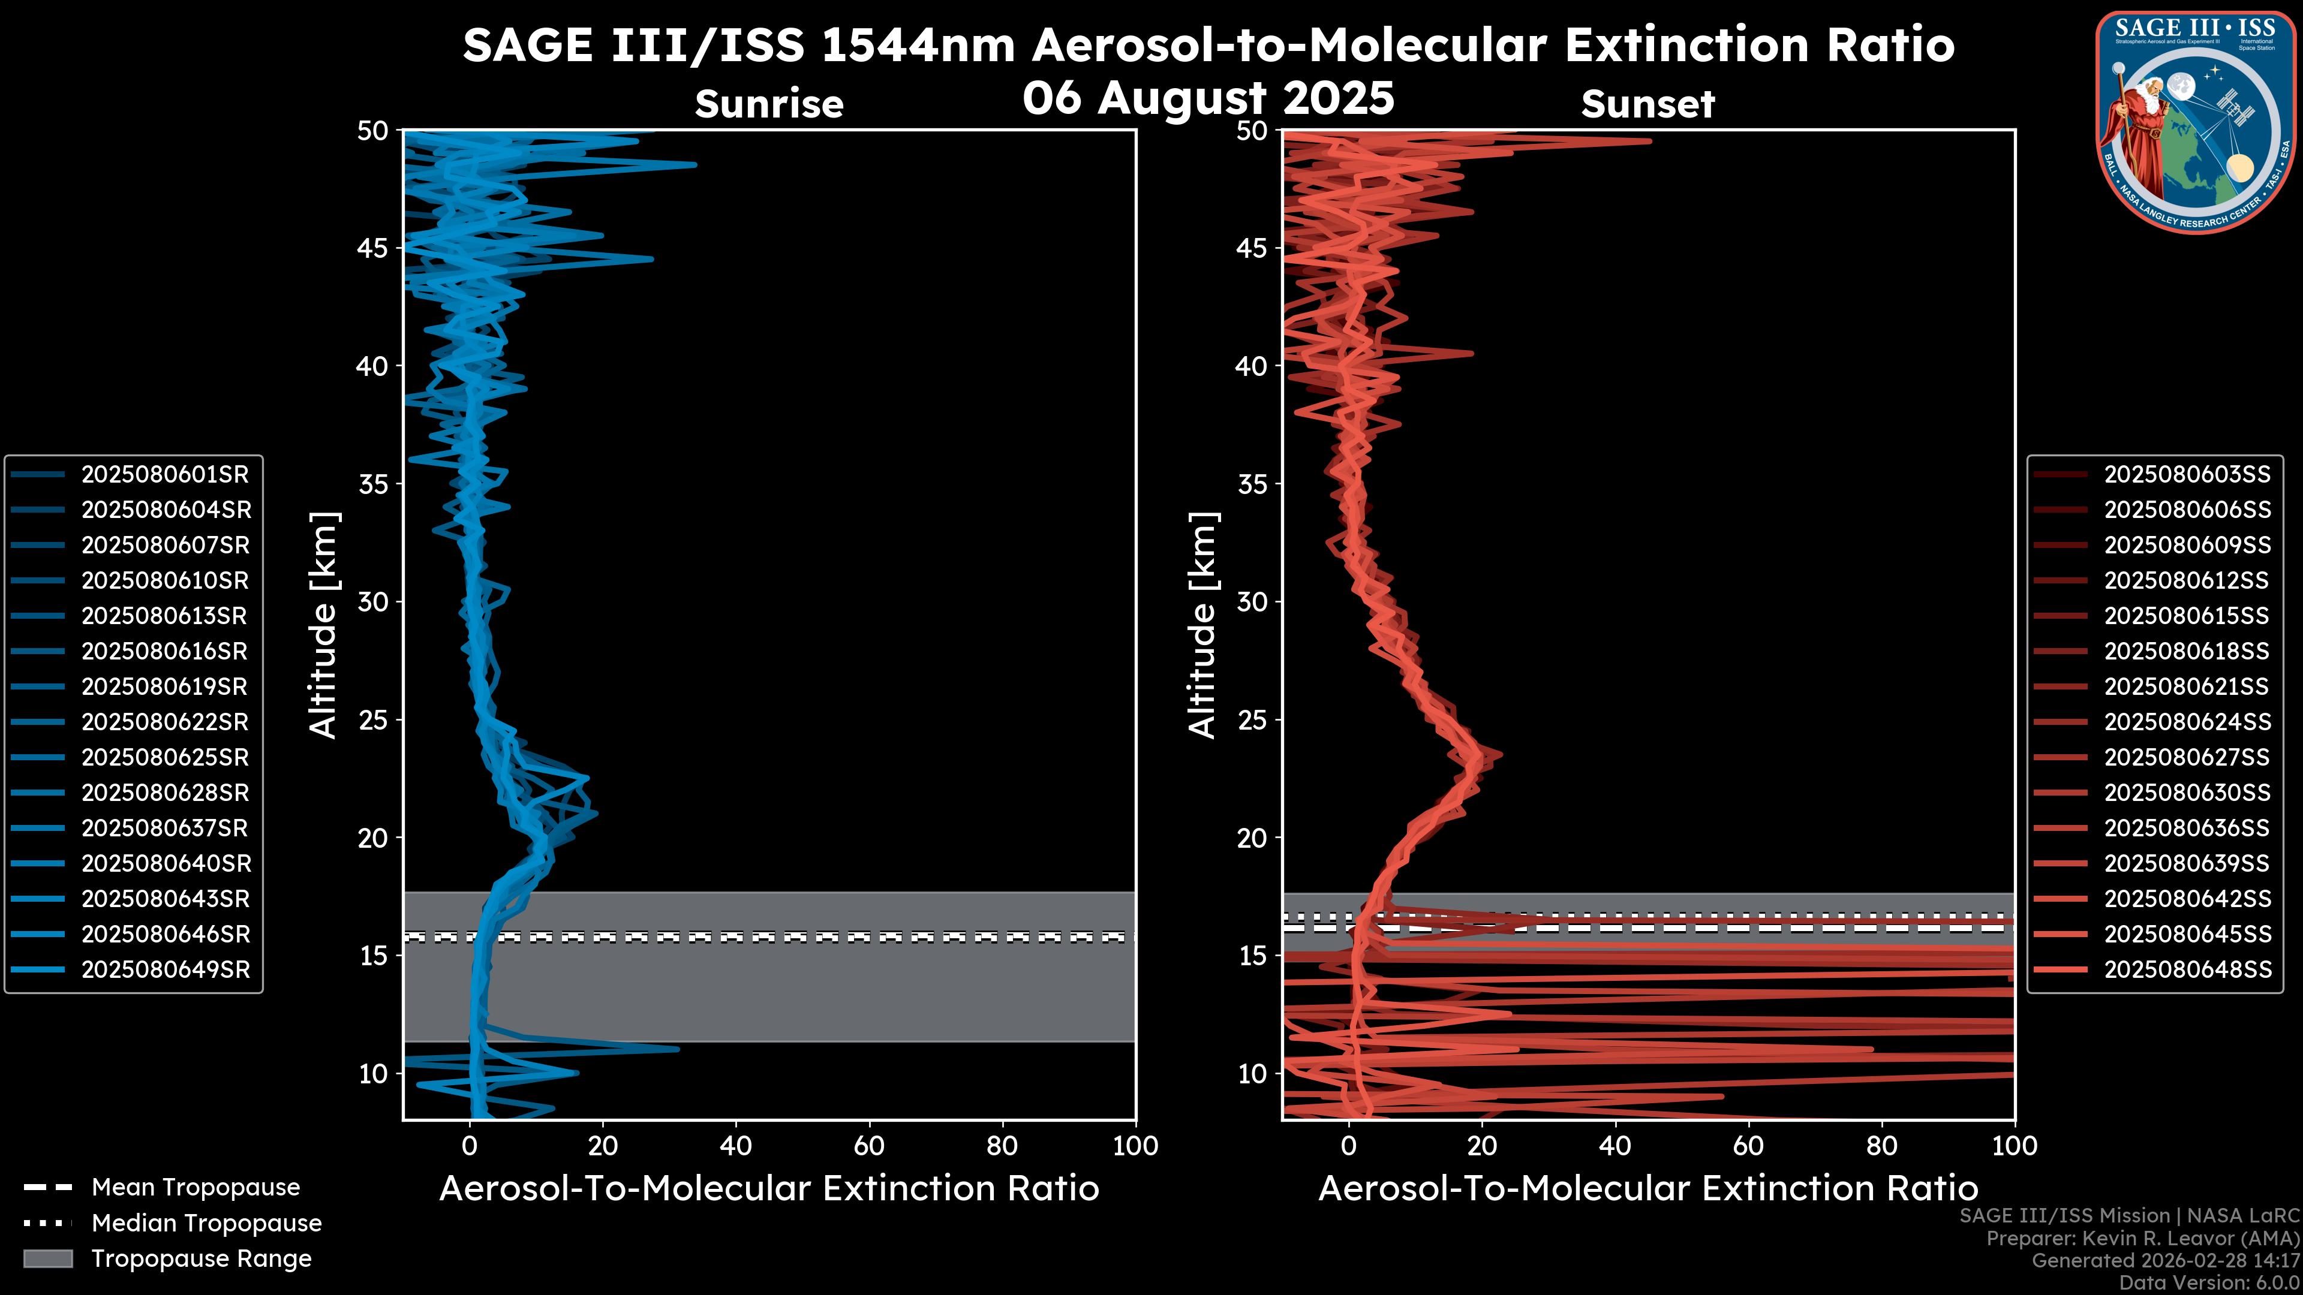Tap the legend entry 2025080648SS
(x=2187, y=969)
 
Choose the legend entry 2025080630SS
(x=2187, y=793)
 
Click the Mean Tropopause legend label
(x=196, y=1188)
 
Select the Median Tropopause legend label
(x=206, y=1222)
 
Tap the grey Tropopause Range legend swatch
(x=47, y=1258)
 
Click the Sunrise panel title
(x=769, y=104)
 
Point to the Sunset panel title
(x=1647, y=104)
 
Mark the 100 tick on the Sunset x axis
(x=2015, y=1146)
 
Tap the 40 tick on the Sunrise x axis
(x=736, y=1146)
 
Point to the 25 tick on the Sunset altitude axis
(x=1252, y=720)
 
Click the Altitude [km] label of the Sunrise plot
(x=324, y=625)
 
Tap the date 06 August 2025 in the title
(x=1208, y=98)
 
